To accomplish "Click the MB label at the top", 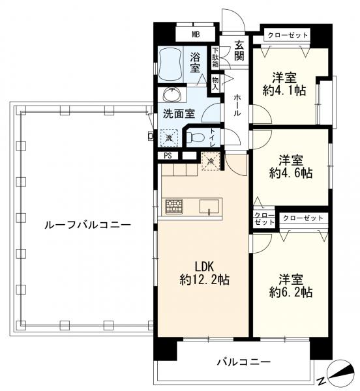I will [x=195, y=35].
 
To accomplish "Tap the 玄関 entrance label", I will [x=239, y=50].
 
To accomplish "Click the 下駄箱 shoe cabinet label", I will [x=215, y=57].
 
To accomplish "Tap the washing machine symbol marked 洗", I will [x=169, y=138].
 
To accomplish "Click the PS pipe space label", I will [x=168, y=155].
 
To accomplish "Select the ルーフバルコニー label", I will [x=86, y=225].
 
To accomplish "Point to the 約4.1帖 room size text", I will [x=284, y=83].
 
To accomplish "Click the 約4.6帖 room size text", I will [x=289, y=167].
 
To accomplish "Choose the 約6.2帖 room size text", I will [x=290, y=285].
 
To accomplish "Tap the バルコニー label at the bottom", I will [x=241, y=362].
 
